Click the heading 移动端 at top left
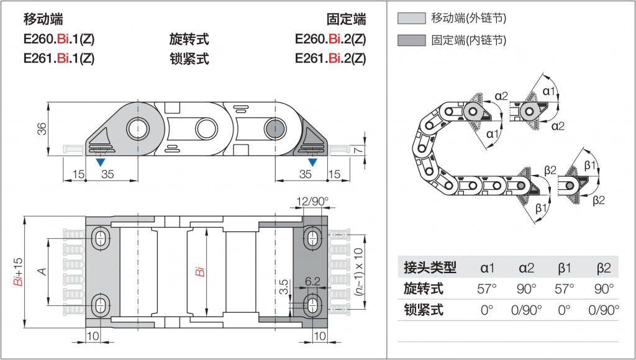[43, 19]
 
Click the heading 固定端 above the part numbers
[346, 19]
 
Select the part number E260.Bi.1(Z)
[59, 40]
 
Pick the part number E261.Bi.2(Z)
[330, 59]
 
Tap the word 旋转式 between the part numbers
[189, 40]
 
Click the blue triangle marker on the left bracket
[99, 162]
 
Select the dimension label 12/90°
[312, 201]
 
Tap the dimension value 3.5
[284, 287]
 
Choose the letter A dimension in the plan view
[42, 271]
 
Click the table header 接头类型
[430, 268]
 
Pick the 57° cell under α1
[487, 289]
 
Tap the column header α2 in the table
[525, 268]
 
